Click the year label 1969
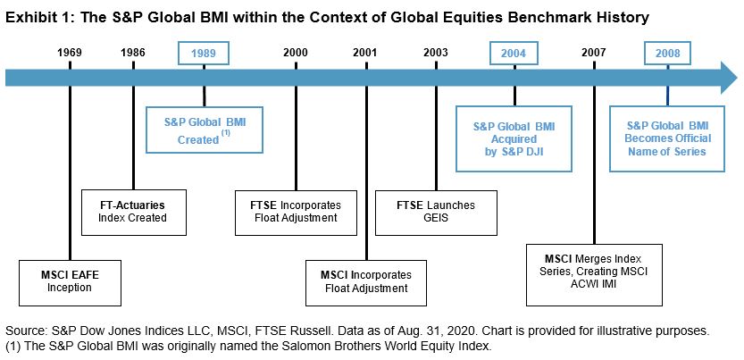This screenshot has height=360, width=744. tap(70, 53)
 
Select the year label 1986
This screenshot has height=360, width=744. tap(133, 53)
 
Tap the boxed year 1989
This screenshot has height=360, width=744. tap(204, 53)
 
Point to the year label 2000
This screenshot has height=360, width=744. tap(295, 53)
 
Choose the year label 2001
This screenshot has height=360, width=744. tap(365, 53)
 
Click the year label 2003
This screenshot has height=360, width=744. tap(436, 53)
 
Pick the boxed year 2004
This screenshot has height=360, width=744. tap(514, 53)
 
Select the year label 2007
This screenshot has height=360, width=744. tap(594, 53)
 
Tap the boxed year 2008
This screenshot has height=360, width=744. tap(667, 53)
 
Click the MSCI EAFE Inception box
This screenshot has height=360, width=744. tap(70, 281)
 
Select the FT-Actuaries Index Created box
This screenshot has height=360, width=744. tap(134, 213)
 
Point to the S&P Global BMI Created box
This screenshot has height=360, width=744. tap(205, 130)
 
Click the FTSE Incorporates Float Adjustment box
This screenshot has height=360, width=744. tap(296, 213)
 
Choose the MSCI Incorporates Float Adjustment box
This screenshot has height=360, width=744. tap(366, 282)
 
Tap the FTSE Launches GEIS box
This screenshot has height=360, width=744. tap(436, 213)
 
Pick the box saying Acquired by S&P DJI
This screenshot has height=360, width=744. tap(514, 138)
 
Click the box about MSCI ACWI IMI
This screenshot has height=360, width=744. tap(594, 275)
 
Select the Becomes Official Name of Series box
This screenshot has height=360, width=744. tap(667, 138)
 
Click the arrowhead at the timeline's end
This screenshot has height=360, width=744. tap(729, 78)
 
